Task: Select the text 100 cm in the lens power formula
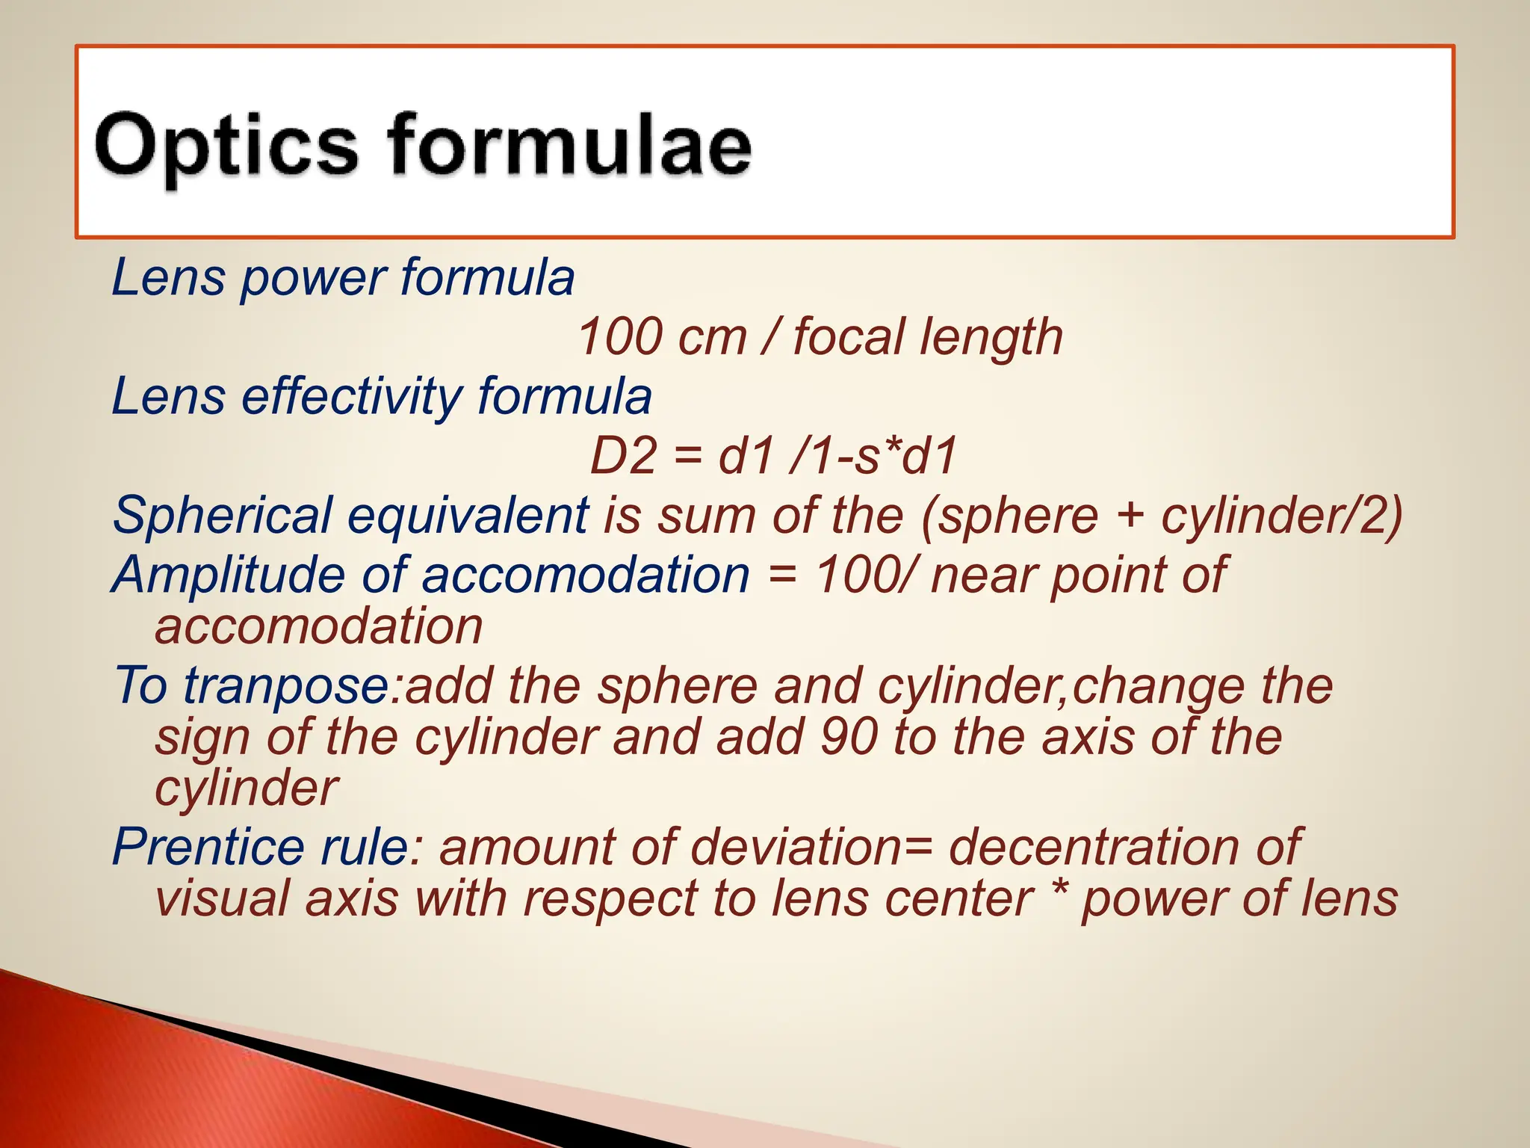(662, 337)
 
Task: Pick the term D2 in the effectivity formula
(622, 457)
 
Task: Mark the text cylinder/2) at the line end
(1282, 516)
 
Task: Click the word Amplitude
(229, 575)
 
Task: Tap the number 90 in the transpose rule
(849, 737)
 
